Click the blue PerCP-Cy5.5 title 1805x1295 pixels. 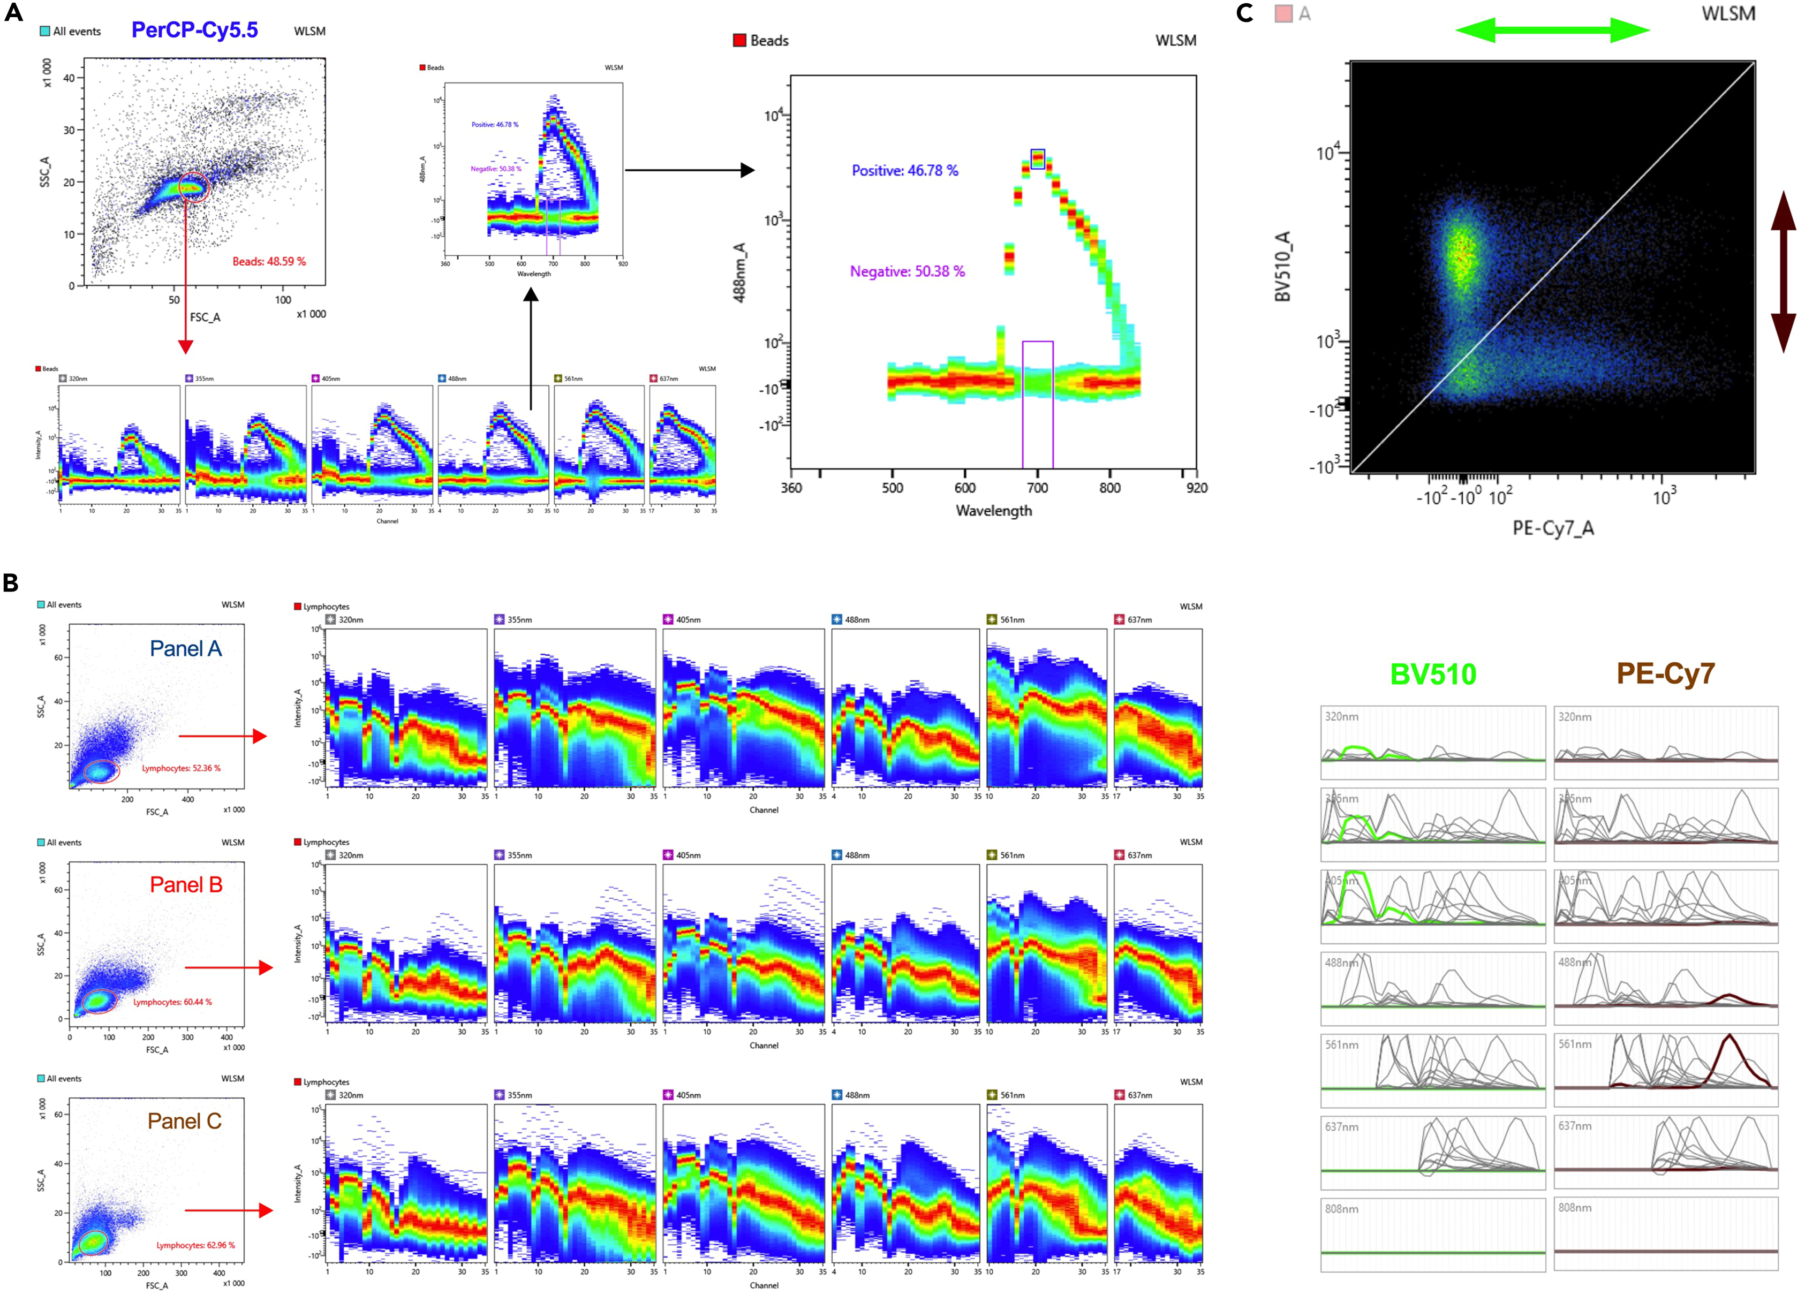click(194, 30)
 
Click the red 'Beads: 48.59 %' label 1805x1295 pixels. click(269, 261)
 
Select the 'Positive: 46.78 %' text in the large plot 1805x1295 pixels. click(905, 170)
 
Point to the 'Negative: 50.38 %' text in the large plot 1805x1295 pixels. click(907, 271)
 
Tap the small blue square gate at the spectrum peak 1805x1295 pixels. click(1037, 158)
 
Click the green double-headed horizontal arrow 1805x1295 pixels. click(1552, 30)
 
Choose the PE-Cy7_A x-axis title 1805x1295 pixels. click(1553, 528)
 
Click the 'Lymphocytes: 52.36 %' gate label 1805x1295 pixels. click(182, 768)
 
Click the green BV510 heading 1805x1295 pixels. click(1432, 674)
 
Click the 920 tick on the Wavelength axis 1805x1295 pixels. click(1196, 488)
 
